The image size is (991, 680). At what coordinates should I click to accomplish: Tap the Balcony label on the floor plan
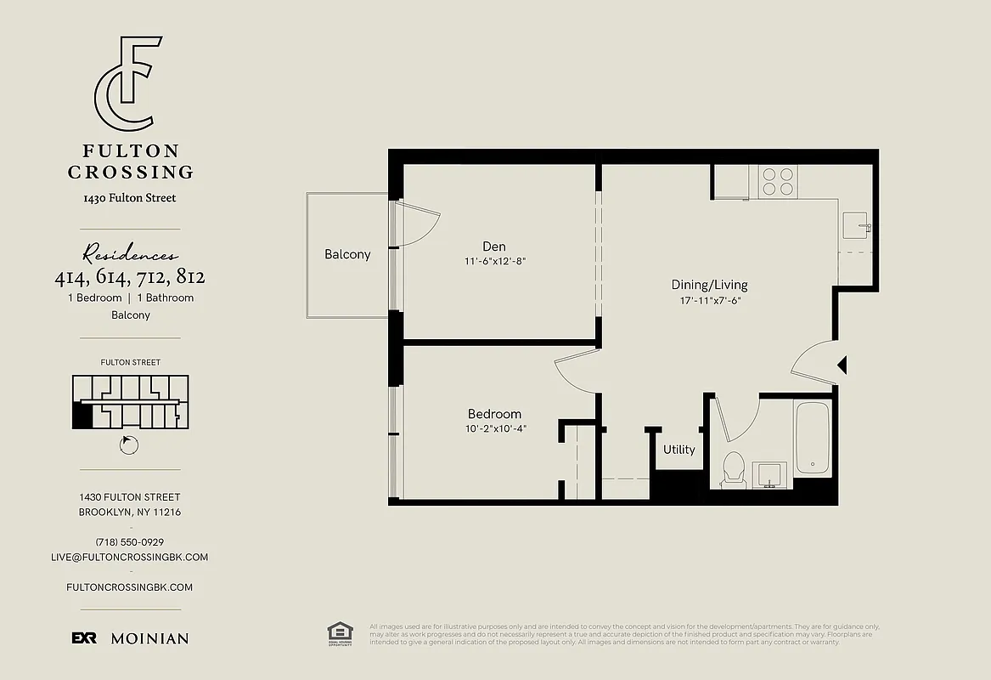pos(347,254)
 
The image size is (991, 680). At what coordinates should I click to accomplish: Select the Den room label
pos(494,246)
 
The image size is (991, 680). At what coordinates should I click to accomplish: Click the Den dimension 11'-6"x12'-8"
pos(494,262)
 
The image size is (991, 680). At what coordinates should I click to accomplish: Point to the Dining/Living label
pos(709,285)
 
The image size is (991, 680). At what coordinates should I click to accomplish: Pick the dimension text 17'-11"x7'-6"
pos(709,300)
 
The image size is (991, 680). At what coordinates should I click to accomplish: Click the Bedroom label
pos(494,414)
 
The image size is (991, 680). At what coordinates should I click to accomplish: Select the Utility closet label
pos(678,450)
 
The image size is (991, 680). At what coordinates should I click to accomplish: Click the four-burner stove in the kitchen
pos(778,181)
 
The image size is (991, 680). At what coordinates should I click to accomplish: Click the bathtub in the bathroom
pos(812,437)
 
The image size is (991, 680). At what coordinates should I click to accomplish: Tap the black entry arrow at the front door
pos(842,365)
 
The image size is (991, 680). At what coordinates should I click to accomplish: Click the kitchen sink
pos(855,227)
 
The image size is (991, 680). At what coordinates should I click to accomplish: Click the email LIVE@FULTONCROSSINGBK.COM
pos(130,558)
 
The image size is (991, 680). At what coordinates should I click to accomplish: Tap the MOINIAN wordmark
pos(149,638)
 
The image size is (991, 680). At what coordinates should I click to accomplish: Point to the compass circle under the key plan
pos(130,445)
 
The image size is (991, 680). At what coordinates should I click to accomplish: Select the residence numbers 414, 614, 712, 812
pos(130,277)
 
